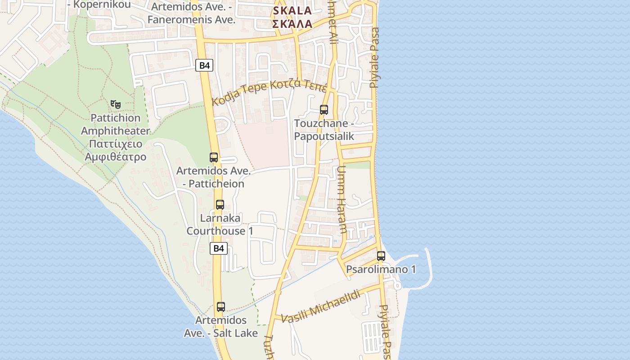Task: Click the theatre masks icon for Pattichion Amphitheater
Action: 116,104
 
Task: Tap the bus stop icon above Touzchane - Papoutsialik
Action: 324,109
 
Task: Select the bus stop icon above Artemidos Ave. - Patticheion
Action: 214,157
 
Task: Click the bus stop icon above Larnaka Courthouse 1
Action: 220,205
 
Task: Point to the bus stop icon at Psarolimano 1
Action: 381,256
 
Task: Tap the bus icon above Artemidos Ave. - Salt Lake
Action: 220,307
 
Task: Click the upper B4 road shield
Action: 204,65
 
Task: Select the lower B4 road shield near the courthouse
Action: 218,248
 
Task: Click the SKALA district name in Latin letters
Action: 292,10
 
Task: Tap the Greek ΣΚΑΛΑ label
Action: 292,24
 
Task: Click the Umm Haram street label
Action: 342,199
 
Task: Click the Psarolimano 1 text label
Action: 381,270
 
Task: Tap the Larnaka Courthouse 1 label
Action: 220,225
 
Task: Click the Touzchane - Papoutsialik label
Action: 324,130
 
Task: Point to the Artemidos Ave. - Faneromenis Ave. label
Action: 192,13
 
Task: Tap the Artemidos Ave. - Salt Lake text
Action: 221,327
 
